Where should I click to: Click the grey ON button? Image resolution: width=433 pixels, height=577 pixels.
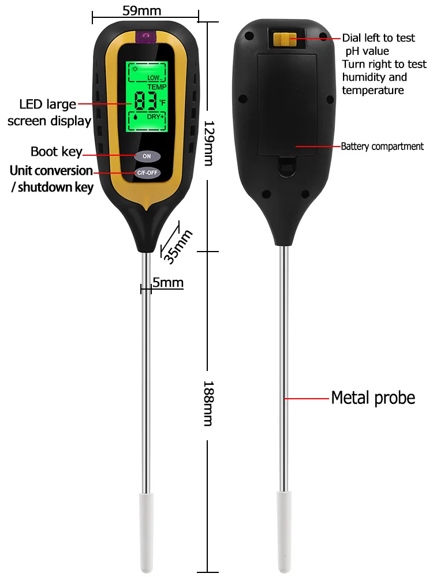pyautogui.click(x=147, y=156)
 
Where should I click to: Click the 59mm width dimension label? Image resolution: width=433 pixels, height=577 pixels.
pyautogui.click(x=142, y=10)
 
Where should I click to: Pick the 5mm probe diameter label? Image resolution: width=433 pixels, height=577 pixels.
pyautogui.click(x=167, y=282)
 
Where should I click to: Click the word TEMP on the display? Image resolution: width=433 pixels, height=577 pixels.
pyautogui.click(x=156, y=87)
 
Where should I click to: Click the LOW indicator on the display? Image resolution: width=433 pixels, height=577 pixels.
pyautogui.click(x=154, y=77)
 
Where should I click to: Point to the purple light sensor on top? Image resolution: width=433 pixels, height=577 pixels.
pyautogui.click(x=147, y=38)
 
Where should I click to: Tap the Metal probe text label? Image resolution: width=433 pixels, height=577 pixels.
pyautogui.click(x=373, y=398)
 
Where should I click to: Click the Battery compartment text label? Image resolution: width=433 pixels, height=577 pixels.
pyautogui.click(x=382, y=147)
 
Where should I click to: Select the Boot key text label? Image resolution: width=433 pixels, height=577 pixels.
pyautogui.click(x=56, y=152)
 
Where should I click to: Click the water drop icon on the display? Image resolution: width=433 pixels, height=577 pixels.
pyautogui.click(x=134, y=117)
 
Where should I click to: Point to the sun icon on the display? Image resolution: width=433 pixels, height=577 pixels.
pyautogui.click(x=135, y=68)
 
